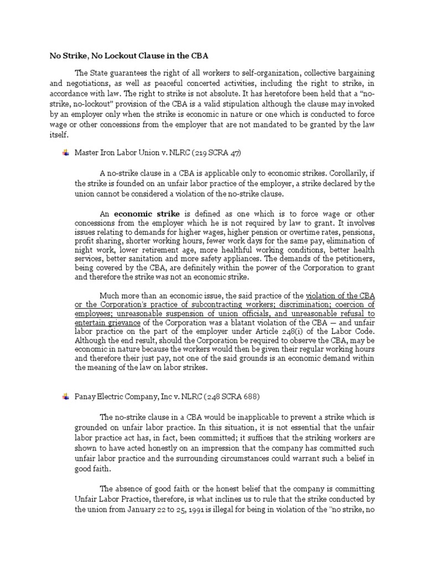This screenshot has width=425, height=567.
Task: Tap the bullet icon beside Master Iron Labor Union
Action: coord(65,153)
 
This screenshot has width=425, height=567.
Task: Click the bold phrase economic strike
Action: coord(148,213)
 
